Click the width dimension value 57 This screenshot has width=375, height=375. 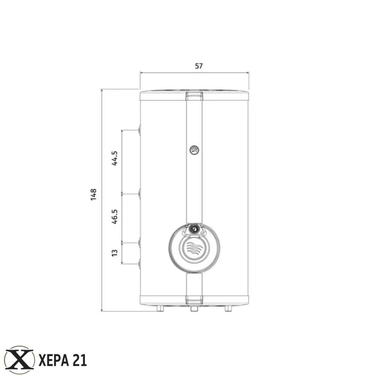198,66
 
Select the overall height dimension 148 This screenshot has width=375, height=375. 93,195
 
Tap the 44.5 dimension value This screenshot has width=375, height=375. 114,158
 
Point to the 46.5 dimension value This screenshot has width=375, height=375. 114,217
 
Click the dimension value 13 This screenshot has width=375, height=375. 114,253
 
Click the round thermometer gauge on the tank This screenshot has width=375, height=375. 194,150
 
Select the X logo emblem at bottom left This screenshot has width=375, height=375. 19,360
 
